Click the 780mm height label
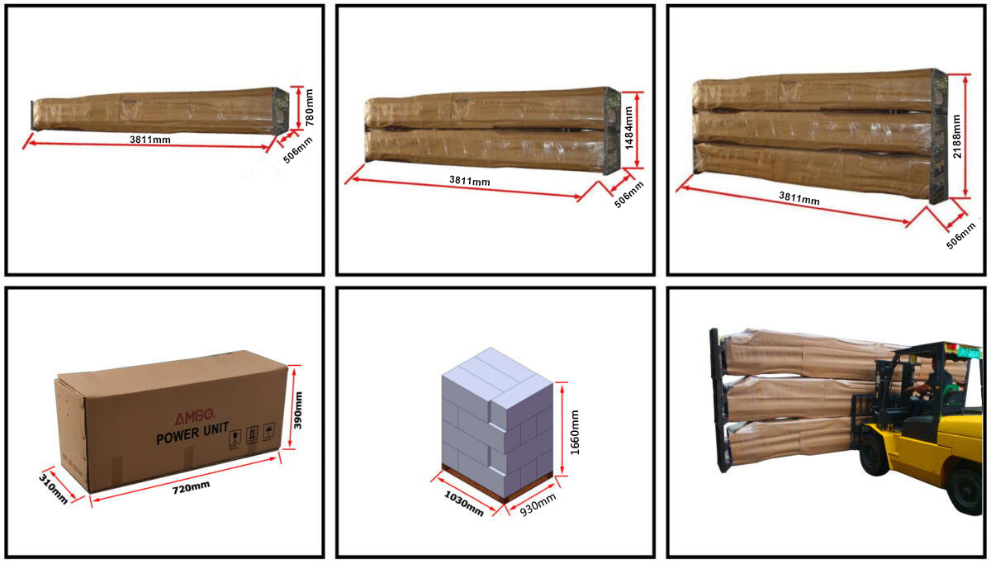(x=310, y=107)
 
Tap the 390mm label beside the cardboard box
(x=299, y=410)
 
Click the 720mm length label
(x=190, y=486)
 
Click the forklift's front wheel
(x=877, y=455)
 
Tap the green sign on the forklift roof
(x=963, y=353)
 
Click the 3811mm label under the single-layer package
(x=149, y=140)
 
